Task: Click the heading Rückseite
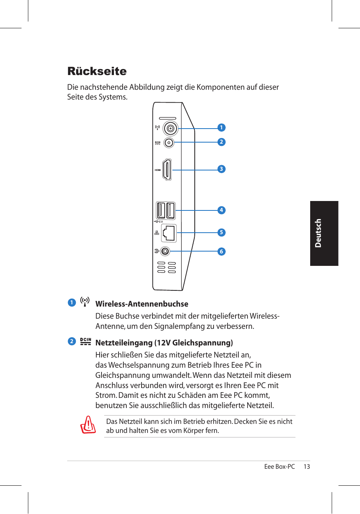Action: click(97, 71)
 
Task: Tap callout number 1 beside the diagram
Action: click(222, 127)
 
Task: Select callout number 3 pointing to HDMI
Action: click(222, 169)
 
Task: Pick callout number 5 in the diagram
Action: click(222, 232)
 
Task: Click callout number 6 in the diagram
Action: click(222, 251)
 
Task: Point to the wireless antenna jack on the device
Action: click(170, 129)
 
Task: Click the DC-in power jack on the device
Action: click(169, 143)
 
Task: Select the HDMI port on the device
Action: click(167, 170)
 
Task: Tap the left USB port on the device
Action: click(161, 210)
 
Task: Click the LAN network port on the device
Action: click(169, 233)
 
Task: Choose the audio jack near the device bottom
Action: click(165, 251)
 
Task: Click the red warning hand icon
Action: click(88, 425)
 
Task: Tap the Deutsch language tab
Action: click(324, 233)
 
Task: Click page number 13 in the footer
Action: click(307, 466)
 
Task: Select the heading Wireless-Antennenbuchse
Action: click(142, 304)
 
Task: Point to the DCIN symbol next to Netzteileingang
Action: click(86, 341)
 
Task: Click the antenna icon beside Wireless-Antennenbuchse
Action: click(85, 302)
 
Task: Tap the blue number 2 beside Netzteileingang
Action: click(72, 341)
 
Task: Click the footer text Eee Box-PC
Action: click(279, 466)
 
